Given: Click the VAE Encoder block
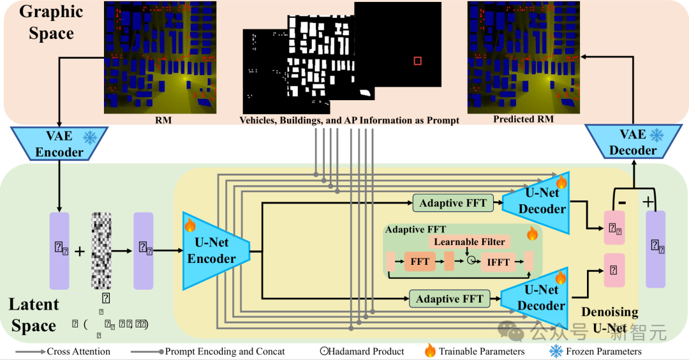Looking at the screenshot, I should tap(59, 144).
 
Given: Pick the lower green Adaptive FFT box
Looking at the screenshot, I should tap(449, 299).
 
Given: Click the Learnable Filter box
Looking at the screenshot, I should tap(469, 242).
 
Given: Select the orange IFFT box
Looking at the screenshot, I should tap(498, 262).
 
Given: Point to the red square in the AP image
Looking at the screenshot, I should tap(417, 61).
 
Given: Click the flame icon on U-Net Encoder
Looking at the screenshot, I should tap(189, 225).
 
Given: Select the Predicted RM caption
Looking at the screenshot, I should tap(523, 119).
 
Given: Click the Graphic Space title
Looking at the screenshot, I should tap(51, 22).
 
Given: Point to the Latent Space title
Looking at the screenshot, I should tap(34, 315).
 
